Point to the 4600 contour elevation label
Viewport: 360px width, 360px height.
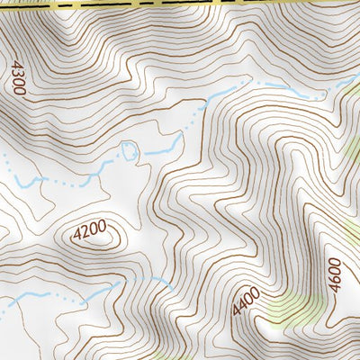(x=335, y=273)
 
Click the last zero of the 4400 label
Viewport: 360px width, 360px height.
(x=255, y=291)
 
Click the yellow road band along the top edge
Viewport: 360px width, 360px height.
(x=180, y=4)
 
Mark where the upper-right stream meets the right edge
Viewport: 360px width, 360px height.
(x=356, y=77)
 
